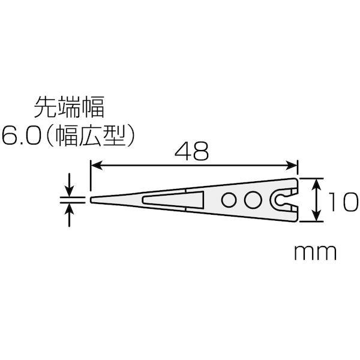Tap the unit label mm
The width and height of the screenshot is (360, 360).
coord(314,252)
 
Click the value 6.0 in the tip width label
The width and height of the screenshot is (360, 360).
coord(22,134)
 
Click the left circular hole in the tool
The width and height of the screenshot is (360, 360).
coord(230,200)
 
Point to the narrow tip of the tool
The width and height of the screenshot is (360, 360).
coord(94,200)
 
